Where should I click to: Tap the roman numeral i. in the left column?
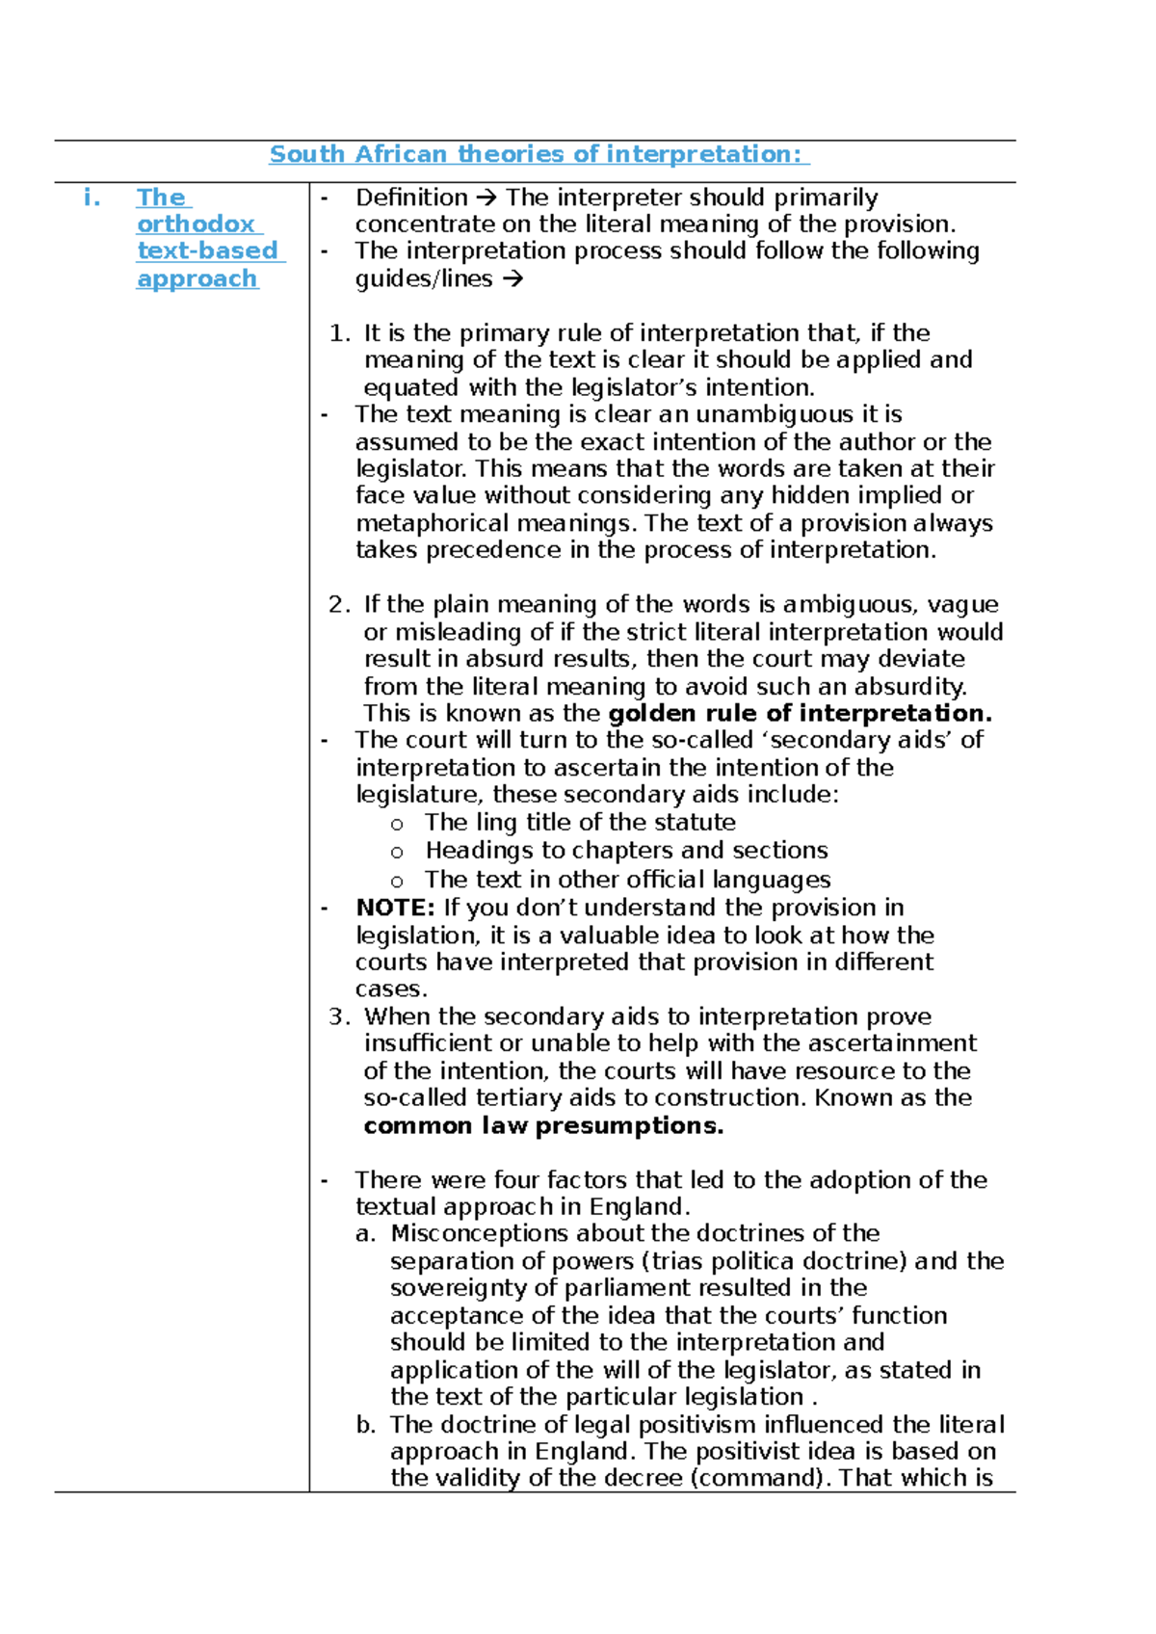(x=92, y=198)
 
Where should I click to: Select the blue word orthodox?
(x=196, y=224)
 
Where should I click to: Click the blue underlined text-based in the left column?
(x=207, y=251)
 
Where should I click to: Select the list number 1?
(x=339, y=334)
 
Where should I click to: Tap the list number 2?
(x=339, y=605)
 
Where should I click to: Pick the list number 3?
(x=339, y=1017)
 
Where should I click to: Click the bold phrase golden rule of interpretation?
(x=800, y=714)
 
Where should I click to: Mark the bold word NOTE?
(x=395, y=909)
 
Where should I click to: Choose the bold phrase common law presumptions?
(x=543, y=1126)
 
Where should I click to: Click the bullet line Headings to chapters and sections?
(x=626, y=851)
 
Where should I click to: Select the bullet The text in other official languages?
(x=627, y=880)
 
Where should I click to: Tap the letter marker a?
(x=364, y=1234)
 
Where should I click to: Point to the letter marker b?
(x=364, y=1425)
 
